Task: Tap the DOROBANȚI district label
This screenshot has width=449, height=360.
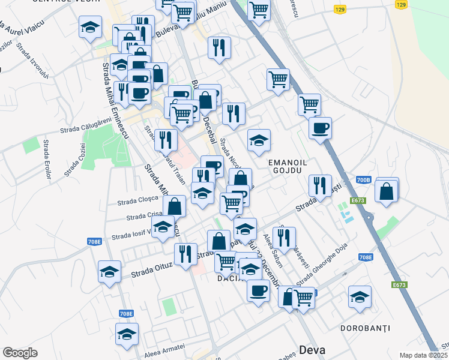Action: [366, 328]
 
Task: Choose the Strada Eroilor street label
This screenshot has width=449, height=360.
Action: [46, 159]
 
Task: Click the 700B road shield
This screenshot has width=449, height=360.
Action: [364, 179]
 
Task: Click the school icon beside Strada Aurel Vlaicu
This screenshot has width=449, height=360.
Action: [90, 27]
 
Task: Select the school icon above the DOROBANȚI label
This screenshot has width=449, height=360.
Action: [360, 297]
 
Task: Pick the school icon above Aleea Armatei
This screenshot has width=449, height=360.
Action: [127, 334]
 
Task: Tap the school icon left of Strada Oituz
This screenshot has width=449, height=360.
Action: [109, 272]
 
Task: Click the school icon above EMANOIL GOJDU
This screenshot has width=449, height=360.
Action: [259, 140]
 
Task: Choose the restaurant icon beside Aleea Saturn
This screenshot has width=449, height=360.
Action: [284, 238]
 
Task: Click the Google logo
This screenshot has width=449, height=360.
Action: [20, 353]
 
